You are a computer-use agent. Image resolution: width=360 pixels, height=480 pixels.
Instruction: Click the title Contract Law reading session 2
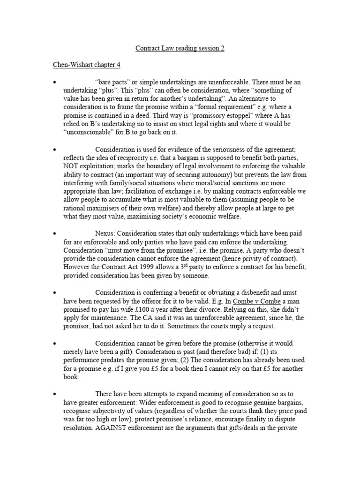pos(180,48)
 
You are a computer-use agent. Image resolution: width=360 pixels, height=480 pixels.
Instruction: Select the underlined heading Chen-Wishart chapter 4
pos(87,65)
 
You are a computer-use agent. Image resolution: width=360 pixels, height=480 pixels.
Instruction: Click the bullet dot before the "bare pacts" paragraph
pos(55,82)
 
